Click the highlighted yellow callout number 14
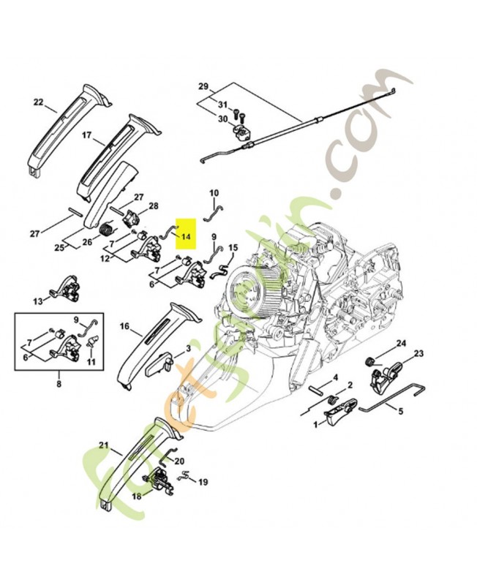[x=186, y=237]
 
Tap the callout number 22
[x=38, y=102]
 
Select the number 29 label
[x=203, y=87]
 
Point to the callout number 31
[x=223, y=105]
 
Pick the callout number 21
[x=103, y=445]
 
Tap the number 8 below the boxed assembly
[x=59, y=382]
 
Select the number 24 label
[x=401, y=343]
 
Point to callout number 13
[x=38, y=301]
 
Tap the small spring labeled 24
[x=370, y=361]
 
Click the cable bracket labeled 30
[x=242, y=134]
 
